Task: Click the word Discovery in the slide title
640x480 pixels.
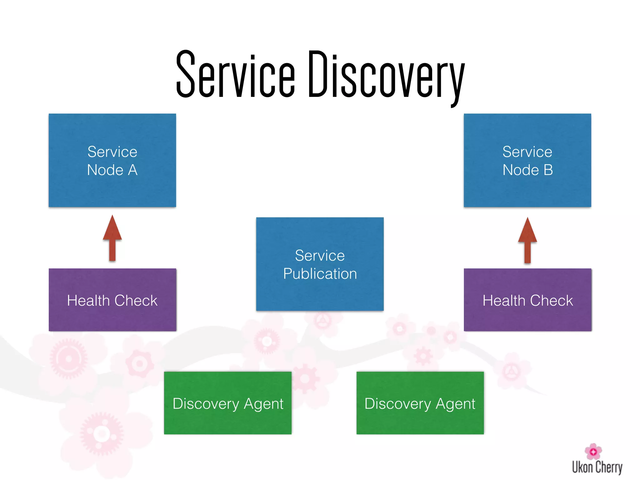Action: pyautogui.click(x=386, y=77)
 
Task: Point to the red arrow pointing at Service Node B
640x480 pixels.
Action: pyautogui.click(x=527, y=240)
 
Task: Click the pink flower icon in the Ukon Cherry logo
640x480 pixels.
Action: pyautogui.click(x=593, y=451)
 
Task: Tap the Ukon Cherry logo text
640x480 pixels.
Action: pyautogui.click(x=597, y=467)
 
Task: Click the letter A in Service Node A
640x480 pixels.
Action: pyautogui.click(x=132, y=170)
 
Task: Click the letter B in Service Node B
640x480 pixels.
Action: pyautogui.click(x=548, y=170)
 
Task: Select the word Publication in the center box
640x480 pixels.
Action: pyautogui.click(x=320, y=274)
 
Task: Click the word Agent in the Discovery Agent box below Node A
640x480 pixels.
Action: pyautogui.click(x=263, y=404)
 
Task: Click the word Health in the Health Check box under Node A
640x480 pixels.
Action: pyautogui.click(x=88, y=301)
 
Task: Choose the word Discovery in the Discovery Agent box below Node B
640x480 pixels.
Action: pyautogui.click(x=397, y=404)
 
